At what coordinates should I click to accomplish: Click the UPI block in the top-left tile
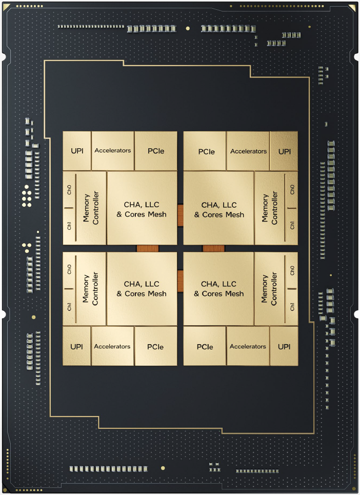77,151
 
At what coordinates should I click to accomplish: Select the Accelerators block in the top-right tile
248,151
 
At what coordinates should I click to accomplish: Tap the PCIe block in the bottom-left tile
155,346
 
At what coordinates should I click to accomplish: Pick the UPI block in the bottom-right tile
284,346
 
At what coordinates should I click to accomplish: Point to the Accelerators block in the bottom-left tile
112,346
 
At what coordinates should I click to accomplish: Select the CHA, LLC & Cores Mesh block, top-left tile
142,208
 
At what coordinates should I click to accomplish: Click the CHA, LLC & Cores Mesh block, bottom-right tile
218,289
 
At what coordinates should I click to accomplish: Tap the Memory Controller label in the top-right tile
270,208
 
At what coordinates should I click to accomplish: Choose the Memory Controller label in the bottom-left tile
90,289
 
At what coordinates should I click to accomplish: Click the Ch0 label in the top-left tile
69,190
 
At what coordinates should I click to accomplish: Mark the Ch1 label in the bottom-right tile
292,306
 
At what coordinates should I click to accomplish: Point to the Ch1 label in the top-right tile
292,225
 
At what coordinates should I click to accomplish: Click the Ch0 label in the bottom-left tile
69,269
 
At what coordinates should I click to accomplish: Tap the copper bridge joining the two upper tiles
180,215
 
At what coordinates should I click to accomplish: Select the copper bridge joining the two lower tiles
180,281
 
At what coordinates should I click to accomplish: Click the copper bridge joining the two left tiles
147,248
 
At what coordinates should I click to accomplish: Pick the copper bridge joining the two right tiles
214,248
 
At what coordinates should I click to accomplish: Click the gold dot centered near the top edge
188,28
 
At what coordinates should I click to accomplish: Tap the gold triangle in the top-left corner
7,7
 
